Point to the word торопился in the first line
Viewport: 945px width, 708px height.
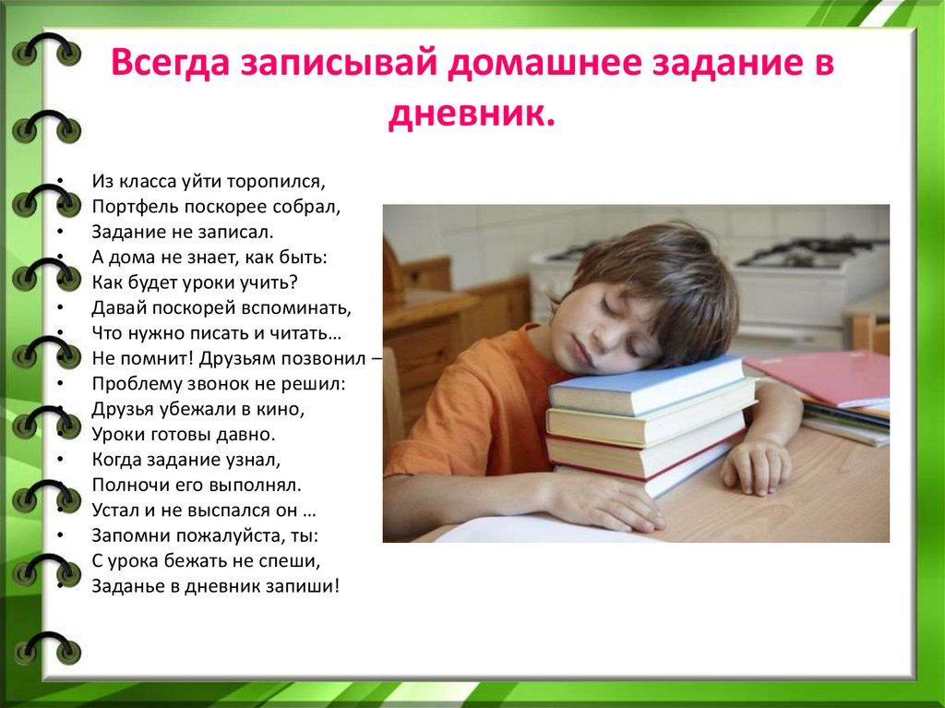coord(289,182)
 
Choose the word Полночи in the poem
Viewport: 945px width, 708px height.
coord(126,483)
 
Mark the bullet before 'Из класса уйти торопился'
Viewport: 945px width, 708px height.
coord(60,182)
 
